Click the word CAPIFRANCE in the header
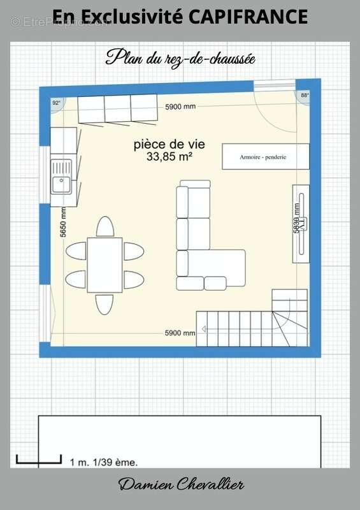coord(248,17)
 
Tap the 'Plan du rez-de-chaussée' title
coord(180,58)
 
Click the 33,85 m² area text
coord(169,155)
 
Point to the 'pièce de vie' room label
coord(169,144)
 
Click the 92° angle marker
coord(56,103)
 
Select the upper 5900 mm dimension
coord(180,106)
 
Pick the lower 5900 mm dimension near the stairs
coord(180,333)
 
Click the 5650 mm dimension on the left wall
coord(64,222)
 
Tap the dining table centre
coord(104,265)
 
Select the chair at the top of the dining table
coord(104,226)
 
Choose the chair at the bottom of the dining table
coord(104,303)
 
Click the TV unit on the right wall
coord(301,222)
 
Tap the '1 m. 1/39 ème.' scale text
coord(103,462)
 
